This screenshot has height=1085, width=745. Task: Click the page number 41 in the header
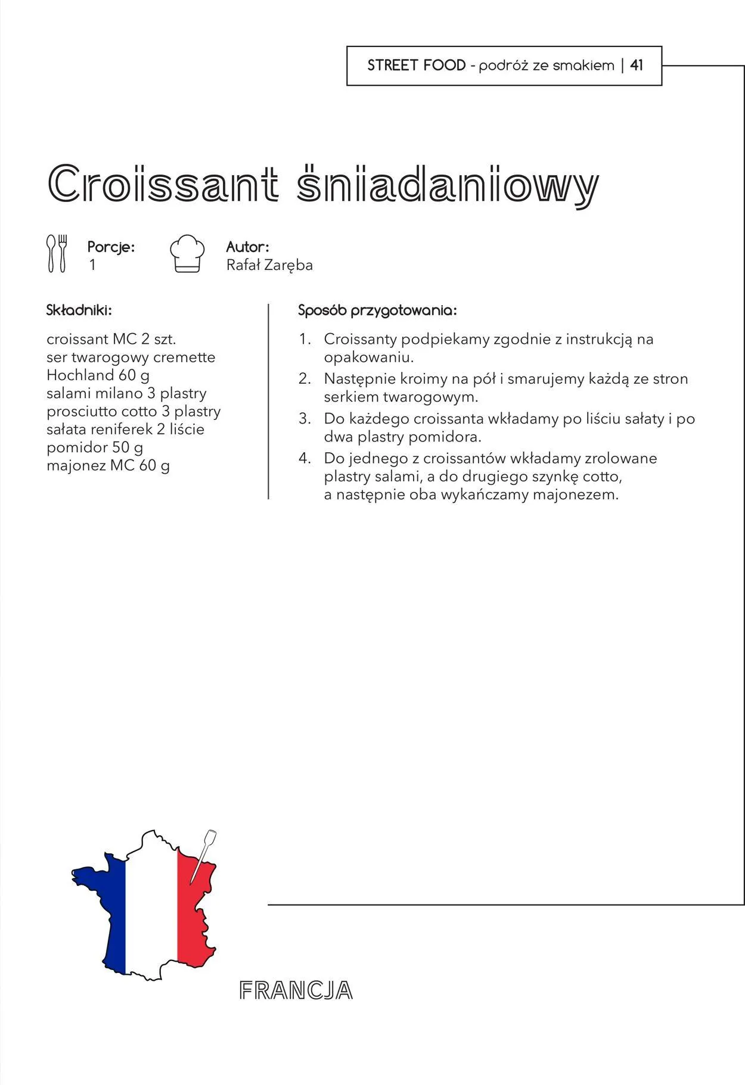(637, 66)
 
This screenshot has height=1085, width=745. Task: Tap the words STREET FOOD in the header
(416, 66)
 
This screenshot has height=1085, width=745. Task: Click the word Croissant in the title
(163, 183)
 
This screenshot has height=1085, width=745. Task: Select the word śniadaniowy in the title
(447, 185)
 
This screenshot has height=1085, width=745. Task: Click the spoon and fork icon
(57, 254)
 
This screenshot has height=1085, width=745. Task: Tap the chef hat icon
(187, 254)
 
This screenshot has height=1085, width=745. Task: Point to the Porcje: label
(111, 247)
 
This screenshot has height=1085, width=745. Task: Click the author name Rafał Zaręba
(269, 265)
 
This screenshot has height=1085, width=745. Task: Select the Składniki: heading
(79, 310)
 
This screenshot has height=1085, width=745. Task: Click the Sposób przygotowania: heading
(377, 310)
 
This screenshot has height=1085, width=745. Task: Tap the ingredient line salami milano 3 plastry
(126, 393)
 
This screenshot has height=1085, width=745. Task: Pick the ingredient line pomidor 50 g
(95, 447)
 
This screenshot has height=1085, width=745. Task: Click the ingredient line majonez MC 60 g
(108, 465)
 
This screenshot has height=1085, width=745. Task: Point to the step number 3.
(305, 419)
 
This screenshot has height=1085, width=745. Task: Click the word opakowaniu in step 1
(368, 357)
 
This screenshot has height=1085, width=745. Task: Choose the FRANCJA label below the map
(296, 991)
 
